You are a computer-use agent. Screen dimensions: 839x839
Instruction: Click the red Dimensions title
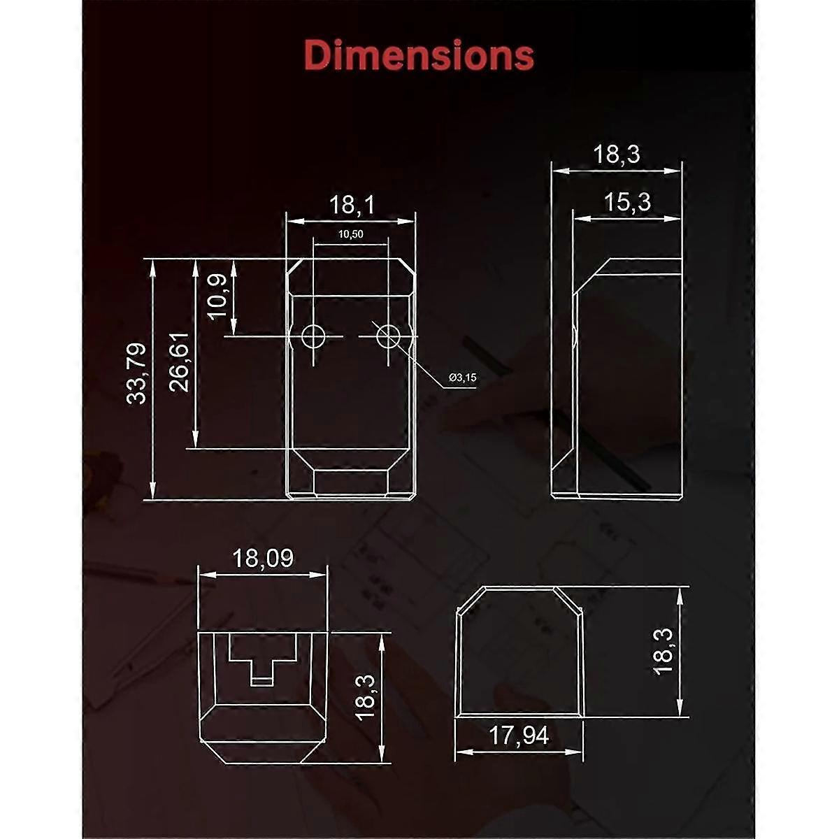tap(419, 55)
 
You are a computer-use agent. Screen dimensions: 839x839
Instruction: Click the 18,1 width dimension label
tap(352, 205)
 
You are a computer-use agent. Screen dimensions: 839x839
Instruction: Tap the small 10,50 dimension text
tap(350, 235)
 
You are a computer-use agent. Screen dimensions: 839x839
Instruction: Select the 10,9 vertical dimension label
tap(217, 296)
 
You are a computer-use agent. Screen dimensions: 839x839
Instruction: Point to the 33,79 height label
tap(137, 373)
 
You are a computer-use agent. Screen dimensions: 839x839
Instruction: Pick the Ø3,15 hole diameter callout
tap(462, 378)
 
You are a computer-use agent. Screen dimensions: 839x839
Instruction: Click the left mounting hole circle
tap(313, 337)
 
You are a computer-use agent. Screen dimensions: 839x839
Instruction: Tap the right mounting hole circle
tap(388, 337)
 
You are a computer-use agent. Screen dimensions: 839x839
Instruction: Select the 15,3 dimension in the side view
tap(627, 202)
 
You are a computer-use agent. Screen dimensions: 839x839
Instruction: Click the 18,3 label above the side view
tap(617, 154)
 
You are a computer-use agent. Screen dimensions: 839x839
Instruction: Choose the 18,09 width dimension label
tap(263, 558)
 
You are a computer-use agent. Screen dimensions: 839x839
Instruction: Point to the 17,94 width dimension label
tap(518, 736)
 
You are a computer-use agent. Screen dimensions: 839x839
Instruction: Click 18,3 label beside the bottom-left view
tap(365, 697)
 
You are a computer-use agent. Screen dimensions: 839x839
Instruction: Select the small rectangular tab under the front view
tap(351, 483)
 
